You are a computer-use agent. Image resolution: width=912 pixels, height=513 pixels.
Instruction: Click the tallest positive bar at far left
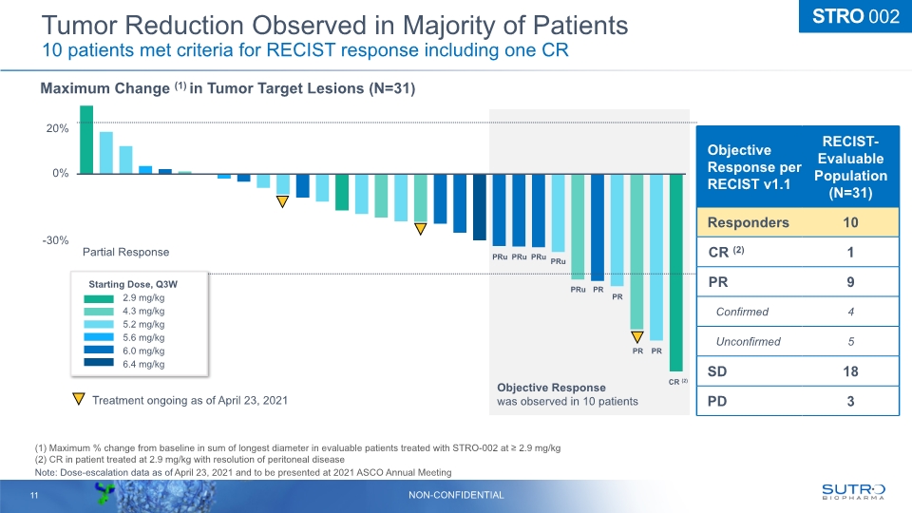[x=86, y=140]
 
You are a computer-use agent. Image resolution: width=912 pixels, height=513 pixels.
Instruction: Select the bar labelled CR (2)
[x=675, y=273]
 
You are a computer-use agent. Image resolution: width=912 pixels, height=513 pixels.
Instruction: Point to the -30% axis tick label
[x=53, y=240]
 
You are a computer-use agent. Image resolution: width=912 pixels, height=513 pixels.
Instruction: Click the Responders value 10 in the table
[x=850, y=222]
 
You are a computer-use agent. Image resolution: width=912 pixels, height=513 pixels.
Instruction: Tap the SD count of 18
[x=850, y=370]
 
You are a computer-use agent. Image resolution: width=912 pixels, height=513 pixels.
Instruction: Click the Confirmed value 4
[x=850, y=311]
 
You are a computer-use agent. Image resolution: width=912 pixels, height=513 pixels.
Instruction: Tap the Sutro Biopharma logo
[x=852, y=490]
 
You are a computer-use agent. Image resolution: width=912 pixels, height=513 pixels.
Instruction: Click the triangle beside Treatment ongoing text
[x=79, y=400]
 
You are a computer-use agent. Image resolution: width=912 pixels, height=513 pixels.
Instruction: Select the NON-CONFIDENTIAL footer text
[x=456, y=494]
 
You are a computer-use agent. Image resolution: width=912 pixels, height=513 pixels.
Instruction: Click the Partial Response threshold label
[x=125, y=252]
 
